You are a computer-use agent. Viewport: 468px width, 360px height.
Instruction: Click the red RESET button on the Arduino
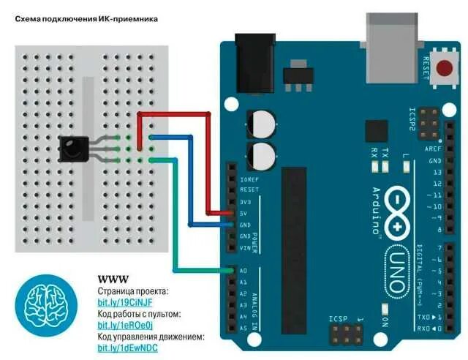(443, 69)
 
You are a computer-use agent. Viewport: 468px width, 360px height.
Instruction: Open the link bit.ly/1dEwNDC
(129, 348)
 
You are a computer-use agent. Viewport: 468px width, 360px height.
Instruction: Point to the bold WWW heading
(113, 280)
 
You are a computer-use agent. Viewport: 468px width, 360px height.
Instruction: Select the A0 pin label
(243, 271)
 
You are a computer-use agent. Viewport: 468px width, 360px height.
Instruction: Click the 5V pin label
(244, 213)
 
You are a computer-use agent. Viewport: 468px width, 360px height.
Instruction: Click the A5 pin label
(243, 329)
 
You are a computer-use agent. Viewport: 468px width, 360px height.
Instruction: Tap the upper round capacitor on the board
(261, 122)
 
